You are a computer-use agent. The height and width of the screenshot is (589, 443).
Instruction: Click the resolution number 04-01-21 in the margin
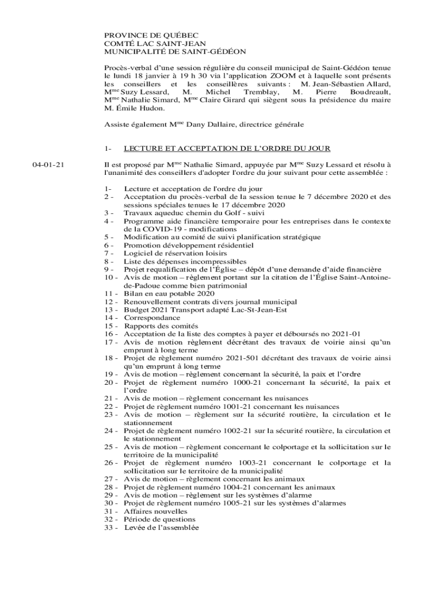tap(48, 165)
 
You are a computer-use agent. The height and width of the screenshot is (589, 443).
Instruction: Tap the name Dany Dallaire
tap(209, 124)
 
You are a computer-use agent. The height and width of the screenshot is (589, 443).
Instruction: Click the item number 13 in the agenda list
tap(108, 309)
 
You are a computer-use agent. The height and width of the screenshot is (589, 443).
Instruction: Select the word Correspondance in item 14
tap(152, 318)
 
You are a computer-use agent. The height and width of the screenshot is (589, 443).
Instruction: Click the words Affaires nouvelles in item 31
tap(155, 511)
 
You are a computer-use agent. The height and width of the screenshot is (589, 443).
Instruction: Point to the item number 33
tap(108, 527)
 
